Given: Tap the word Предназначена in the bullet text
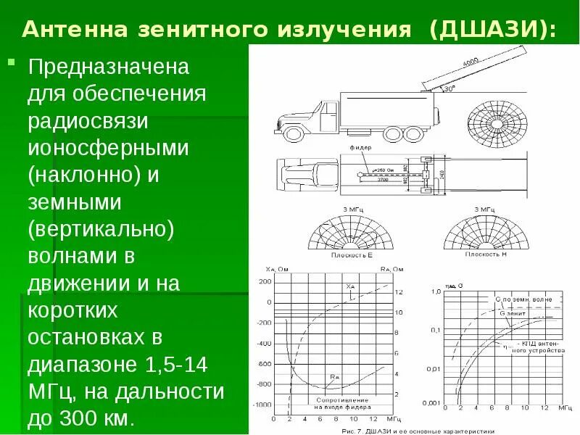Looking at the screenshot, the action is (108, 68).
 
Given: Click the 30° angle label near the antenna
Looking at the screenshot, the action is (449, 90).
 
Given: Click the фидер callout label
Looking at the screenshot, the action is (360, 147).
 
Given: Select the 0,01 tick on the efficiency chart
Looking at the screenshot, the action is (434, 368).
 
